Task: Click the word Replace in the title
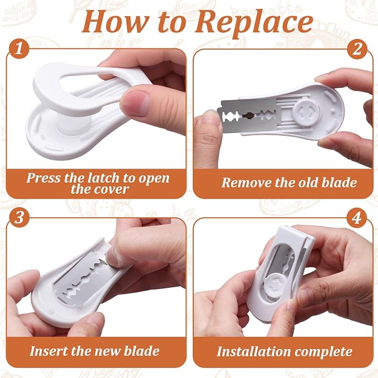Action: tap(254, 22)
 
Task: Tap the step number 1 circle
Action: tap(19, 48)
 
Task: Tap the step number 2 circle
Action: tap(357, 49)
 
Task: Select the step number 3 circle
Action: tap(19, 217)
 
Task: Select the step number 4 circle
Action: tap(357, 218)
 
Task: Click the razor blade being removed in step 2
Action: tap(248, 115)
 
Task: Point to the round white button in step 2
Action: tap(307, 112)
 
